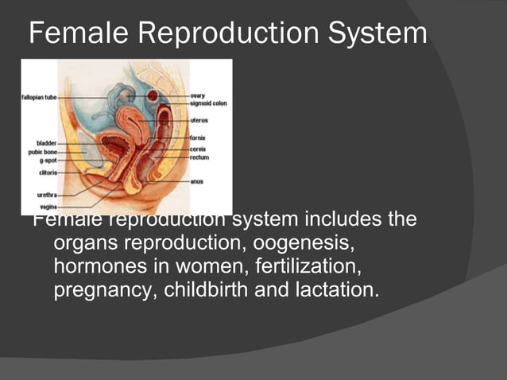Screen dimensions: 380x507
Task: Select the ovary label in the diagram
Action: (x=199, y=95)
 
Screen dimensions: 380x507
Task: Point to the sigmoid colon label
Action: (x=208, y=103)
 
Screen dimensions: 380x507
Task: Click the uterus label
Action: (x=199, y=121)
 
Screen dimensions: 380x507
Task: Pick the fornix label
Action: (x=199, y=138)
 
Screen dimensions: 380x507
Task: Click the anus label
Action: (x=197, y=181)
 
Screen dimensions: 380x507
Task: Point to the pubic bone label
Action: (x=41, y=151)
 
